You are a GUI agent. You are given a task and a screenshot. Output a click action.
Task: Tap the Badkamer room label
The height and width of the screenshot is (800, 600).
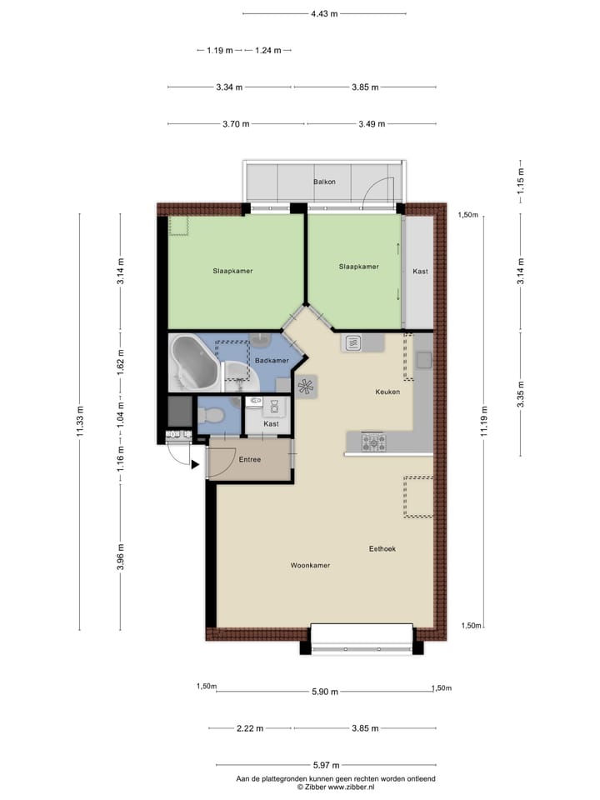[272, 361]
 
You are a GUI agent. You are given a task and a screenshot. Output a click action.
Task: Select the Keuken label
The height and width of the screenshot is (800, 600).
[387, 392]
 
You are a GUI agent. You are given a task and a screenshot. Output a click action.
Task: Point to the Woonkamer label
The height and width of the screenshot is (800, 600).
[310, 566]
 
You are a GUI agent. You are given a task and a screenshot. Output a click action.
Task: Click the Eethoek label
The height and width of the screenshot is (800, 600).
[382, 548]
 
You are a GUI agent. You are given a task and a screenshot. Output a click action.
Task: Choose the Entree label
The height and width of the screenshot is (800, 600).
[250, 460]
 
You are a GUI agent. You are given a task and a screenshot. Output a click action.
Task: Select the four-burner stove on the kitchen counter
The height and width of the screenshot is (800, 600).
[372, 442]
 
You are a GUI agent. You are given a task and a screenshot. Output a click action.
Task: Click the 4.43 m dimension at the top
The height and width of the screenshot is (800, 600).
[324, 13]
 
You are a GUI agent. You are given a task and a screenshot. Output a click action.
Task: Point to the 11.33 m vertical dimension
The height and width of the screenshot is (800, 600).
[80, 421]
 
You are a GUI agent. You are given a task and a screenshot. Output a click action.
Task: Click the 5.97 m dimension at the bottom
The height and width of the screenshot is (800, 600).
[324, 765]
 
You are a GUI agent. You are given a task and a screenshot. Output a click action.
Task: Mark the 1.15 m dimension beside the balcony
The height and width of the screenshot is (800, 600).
[520, 182]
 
